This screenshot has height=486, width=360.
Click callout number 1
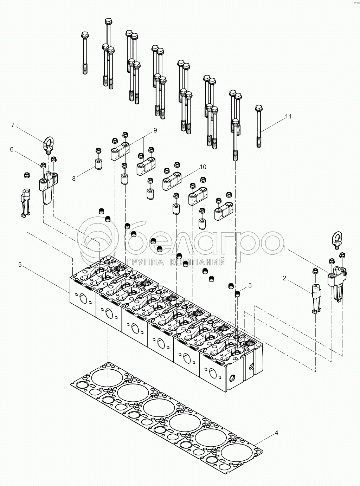[286, 248]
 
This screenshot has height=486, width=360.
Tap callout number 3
[250, 285]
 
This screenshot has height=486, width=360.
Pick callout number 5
[20, 265]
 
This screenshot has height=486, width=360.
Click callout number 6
[12, 149]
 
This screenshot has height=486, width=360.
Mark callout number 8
[73, 179]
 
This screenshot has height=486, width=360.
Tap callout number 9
[155, 130]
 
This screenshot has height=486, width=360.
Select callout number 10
[203, 167]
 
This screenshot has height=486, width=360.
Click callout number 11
[288, 117]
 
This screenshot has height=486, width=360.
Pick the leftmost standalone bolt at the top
[84, 53]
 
